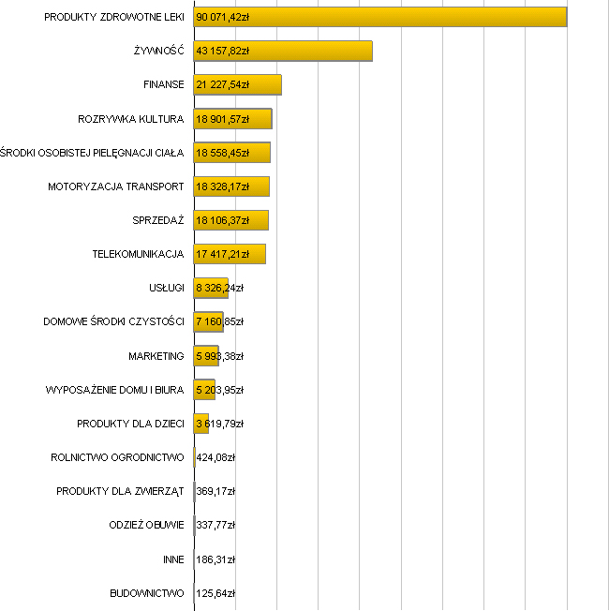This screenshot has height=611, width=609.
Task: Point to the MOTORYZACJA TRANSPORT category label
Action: coord(116,186)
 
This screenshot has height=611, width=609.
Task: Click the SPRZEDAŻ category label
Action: coord(158,220)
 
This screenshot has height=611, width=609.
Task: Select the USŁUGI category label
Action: coord(166,288)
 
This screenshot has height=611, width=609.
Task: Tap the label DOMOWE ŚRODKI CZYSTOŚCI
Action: coord(113,322)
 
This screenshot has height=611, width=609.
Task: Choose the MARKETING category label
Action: coord(156,356)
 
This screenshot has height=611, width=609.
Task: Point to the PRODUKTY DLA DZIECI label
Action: coord(130,424)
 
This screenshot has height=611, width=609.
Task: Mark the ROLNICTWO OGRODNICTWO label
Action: coord(117,457)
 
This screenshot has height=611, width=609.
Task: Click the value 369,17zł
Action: coord(215,491)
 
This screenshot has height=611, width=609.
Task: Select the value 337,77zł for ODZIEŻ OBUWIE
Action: coord(215,525)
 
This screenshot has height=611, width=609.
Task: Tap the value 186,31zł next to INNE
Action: coord(215,559)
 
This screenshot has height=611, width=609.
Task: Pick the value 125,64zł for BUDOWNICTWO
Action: coord(215,593)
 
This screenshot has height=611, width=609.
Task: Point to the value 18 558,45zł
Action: coord(223,153)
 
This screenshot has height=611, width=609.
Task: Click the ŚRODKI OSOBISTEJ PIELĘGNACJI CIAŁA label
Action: coord(92,153)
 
